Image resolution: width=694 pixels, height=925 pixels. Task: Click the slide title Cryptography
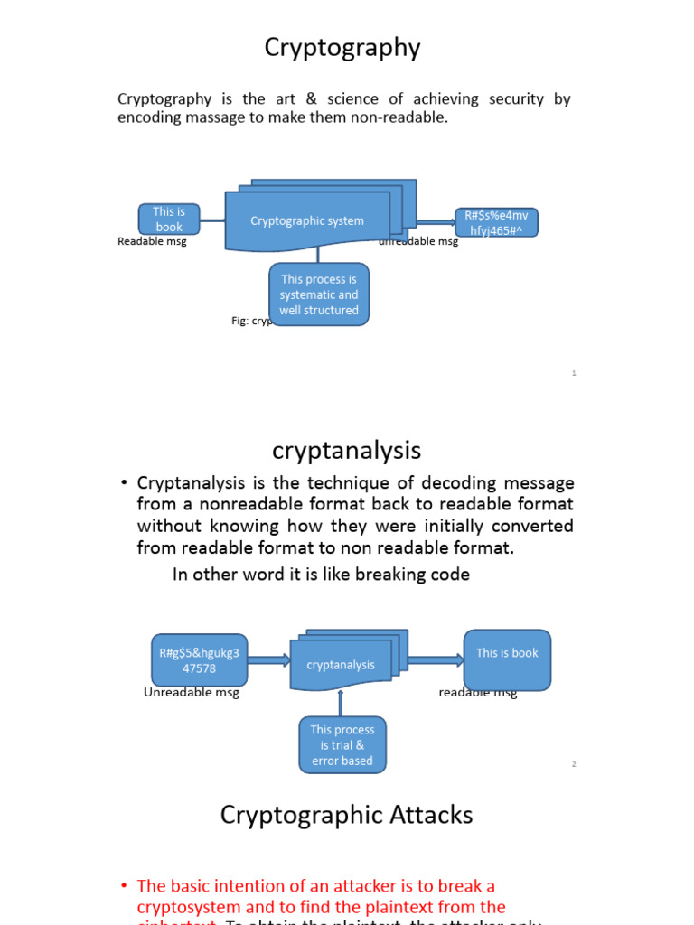342,48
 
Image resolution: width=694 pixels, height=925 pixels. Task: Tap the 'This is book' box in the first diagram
169,220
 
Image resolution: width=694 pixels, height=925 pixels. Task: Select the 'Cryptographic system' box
307,221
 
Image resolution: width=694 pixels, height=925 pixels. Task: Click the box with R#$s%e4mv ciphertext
496,222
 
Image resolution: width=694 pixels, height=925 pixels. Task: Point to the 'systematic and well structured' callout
319,294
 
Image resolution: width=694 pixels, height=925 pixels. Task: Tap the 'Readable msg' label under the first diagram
152,242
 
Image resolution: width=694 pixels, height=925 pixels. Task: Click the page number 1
574,373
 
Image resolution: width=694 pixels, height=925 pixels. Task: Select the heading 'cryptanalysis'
346,450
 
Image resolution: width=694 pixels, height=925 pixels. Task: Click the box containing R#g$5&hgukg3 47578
199,660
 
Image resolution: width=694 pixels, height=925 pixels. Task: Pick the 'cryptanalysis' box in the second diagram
341,665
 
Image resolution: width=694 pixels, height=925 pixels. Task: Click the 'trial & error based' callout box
342,745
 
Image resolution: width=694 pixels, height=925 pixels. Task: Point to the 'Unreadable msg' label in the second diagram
192,693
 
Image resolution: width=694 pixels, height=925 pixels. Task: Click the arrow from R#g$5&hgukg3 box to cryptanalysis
268,660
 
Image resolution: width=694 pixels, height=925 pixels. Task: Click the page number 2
574,764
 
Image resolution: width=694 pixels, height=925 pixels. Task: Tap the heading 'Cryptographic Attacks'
346,815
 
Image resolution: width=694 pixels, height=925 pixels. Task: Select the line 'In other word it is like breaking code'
321,575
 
